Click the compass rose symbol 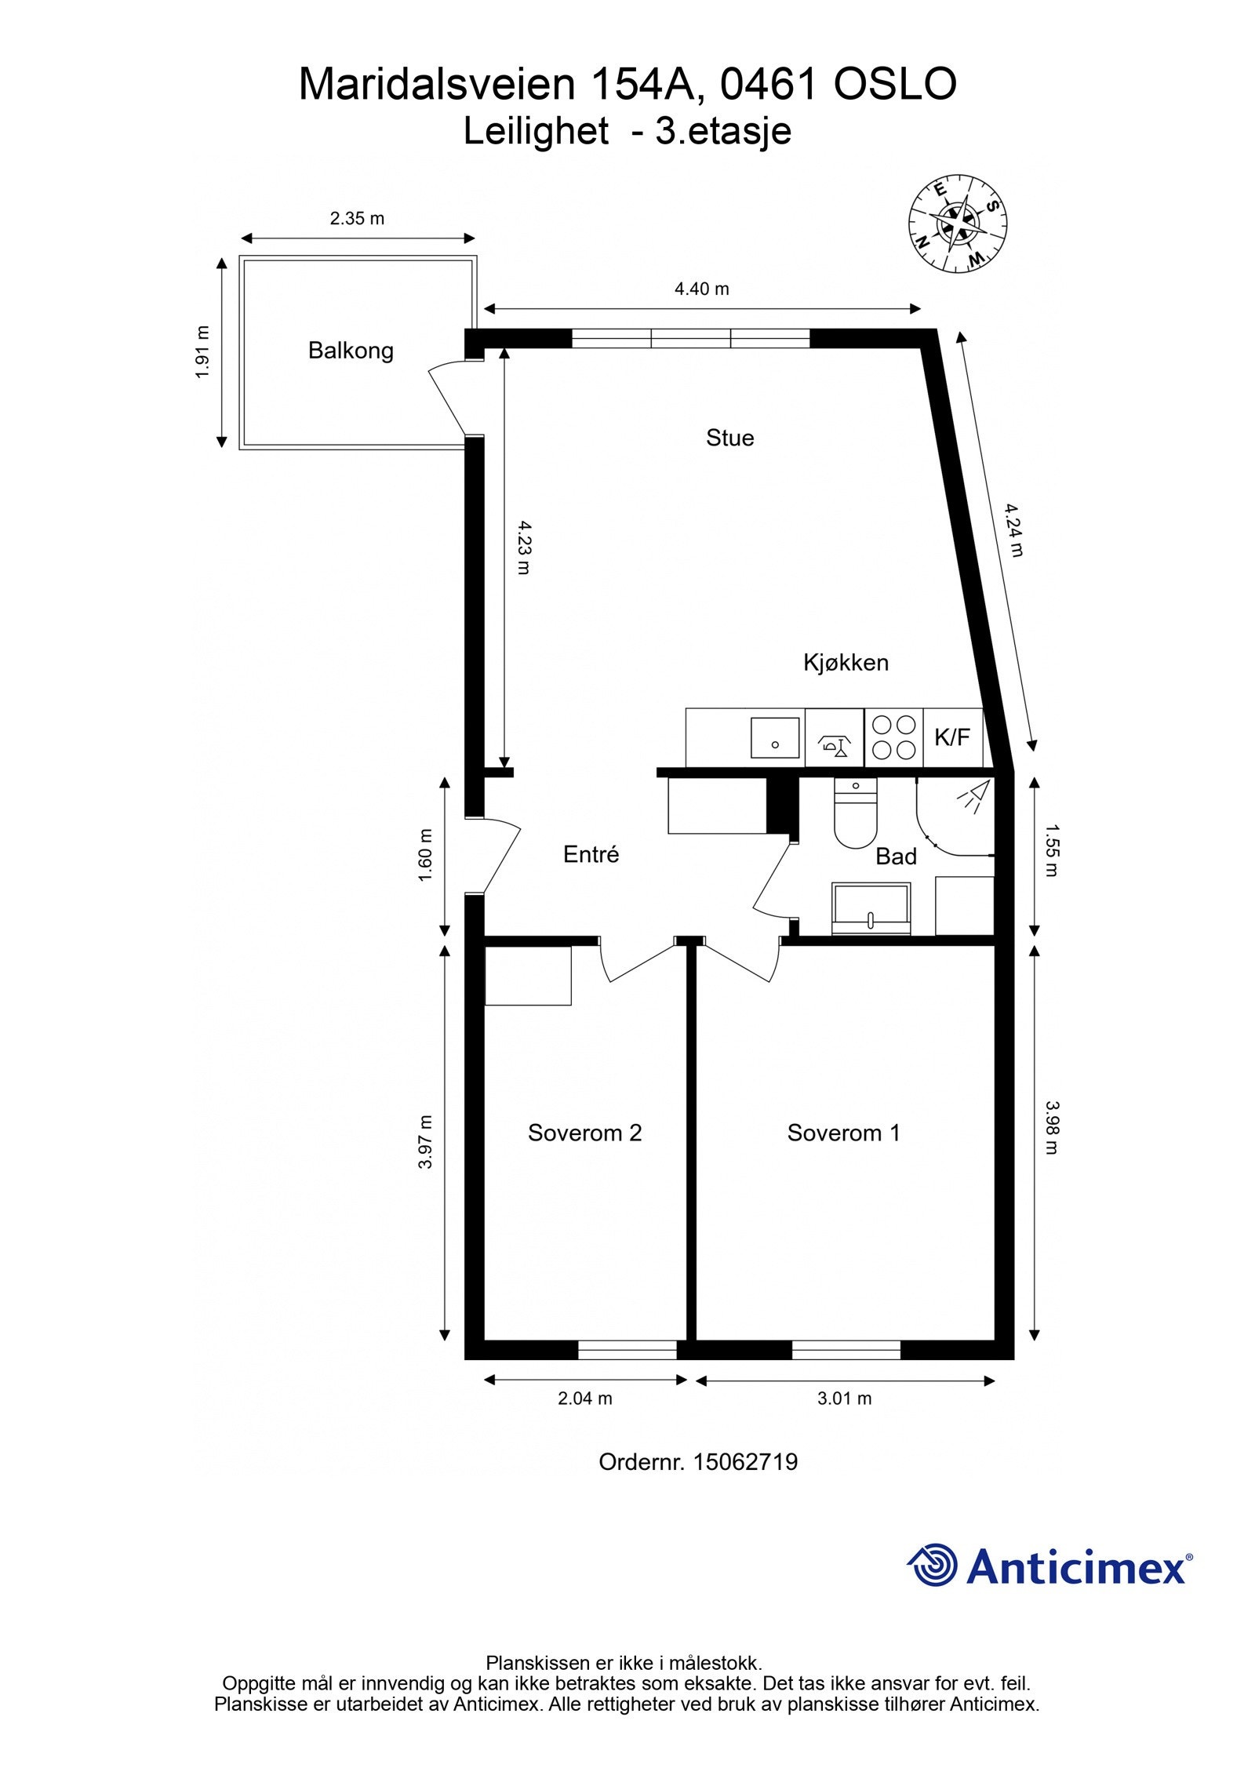[x=958, y=224]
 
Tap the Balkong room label [x=351, y=350]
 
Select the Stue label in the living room [x=729, y=437]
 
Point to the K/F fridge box [x=952, y=737]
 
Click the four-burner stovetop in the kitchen [x=894, y=737]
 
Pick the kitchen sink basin [x=775, y=737]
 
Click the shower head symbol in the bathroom [x=973, y=798]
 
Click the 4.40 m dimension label [x=702, y=289]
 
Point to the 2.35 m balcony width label [x=357, y=219]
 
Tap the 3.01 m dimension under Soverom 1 [x=845, y=1399]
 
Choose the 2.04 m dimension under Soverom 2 [x=585, y=1399]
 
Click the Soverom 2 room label [x=584, y=1133]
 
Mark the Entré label [x=591, y=854]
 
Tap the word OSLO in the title [x=894, y=85]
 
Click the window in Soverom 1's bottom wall [x=846, y=1350]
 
